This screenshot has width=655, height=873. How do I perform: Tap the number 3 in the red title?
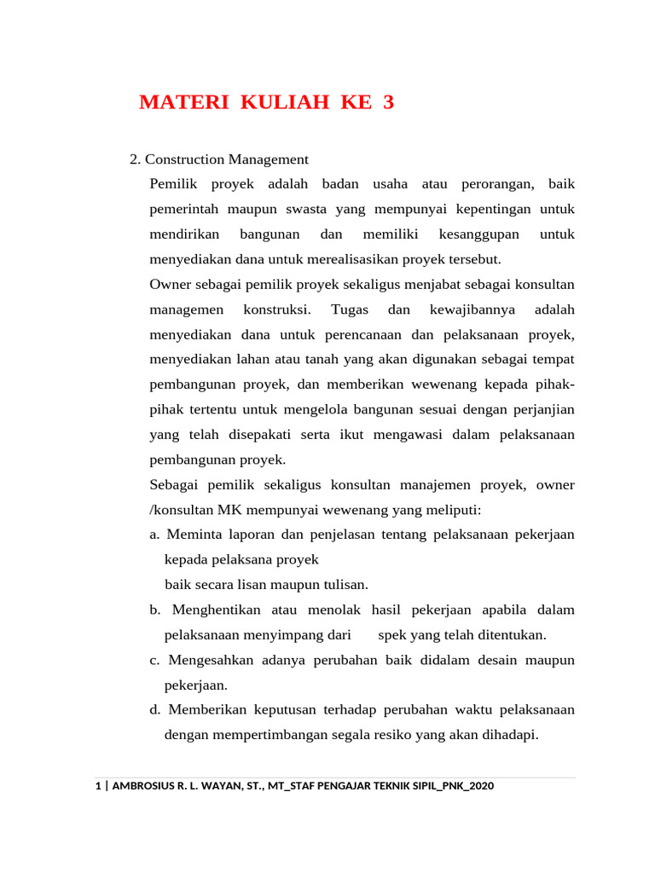tap(389, 103)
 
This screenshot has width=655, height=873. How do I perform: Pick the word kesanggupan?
tap(478, 234)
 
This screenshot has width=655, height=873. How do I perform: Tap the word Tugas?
tap(350, 309)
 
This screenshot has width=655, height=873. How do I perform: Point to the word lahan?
tap(253, 360)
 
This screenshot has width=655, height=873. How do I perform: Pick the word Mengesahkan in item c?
tap(210, 661)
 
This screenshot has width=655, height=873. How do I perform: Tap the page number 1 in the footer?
tap(97, 787)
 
